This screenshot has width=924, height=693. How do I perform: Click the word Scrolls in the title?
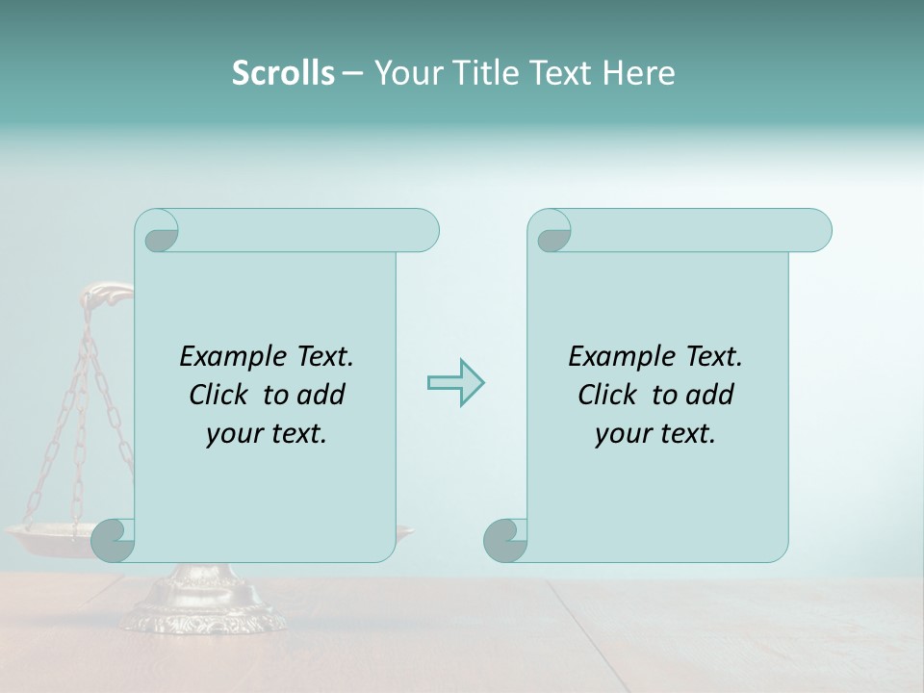283,73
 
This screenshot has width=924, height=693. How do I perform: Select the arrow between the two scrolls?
455,383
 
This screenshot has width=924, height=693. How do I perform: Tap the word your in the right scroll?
621,434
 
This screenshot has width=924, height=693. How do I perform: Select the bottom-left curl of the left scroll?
112,540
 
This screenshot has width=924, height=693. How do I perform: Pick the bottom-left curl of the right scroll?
504,540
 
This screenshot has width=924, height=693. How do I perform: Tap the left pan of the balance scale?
48,535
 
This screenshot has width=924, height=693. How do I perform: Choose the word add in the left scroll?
322,395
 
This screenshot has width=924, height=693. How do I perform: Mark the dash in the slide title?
352,73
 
